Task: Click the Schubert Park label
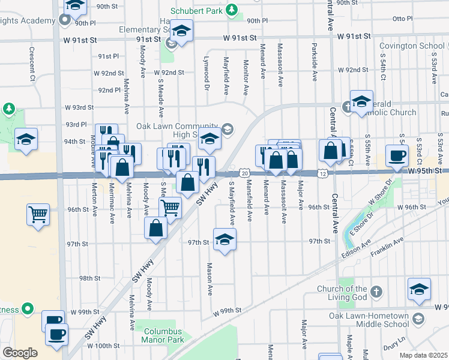196,11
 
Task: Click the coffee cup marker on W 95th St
396,155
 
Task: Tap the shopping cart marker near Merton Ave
38,214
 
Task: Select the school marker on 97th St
224,240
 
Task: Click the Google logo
20,352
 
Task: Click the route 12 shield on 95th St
324,173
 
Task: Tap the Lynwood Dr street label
206,79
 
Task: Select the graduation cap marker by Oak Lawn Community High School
209,139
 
